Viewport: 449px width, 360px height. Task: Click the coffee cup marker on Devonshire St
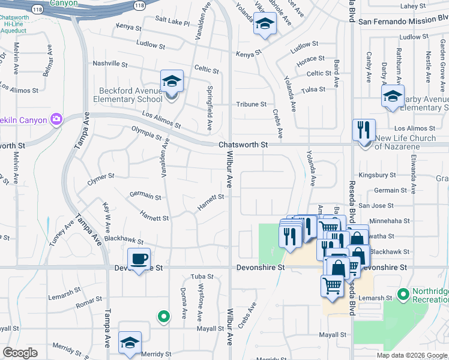(139, 259)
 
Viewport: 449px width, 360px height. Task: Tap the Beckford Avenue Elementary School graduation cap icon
(172, 82)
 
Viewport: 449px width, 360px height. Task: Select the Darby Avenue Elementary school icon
(393, 96)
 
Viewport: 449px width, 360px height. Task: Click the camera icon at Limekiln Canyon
(56, 119)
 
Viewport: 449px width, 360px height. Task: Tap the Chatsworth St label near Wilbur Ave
(242, 145)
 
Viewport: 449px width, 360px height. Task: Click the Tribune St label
(251, 104)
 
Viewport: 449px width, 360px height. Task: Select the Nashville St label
(110, 63)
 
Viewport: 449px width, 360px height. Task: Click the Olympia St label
(142, 133)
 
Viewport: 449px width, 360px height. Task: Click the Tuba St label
(202, 277)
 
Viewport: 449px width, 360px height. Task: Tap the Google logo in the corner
(20, 353)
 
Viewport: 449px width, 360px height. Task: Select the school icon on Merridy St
(130, 343)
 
